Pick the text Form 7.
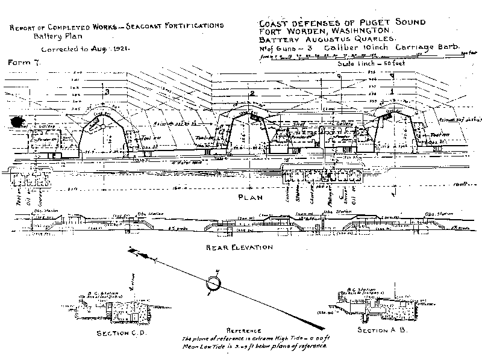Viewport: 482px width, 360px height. pyautogui.click(x=23, y=62)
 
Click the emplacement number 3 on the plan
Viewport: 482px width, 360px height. pyautogui.click(x=107, y=92)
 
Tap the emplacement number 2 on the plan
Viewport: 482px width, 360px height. pyautogui.click(x=252, y=93)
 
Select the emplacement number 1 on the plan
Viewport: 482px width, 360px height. pyautogui.click(x=392, y=92)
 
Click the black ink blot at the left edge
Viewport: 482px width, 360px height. pyautogui.click(x=13, y=120)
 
